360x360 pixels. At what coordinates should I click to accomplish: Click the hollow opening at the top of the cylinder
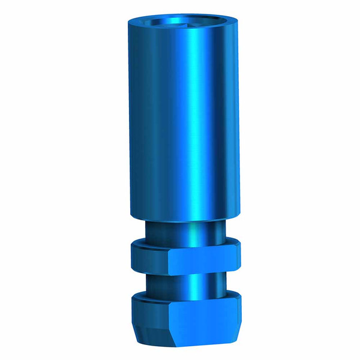[x=180, y=25]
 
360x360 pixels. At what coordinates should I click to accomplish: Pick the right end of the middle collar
[x=238, y=256]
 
